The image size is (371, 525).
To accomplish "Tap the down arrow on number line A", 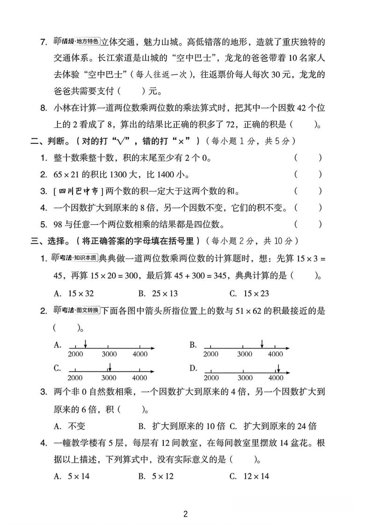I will pyautogui.click(x=85, y=344).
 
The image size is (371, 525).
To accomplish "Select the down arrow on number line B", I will pyautogui.click(x=262, y=344).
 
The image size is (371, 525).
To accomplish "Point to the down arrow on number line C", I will pyautogui.click(x=109, y=367).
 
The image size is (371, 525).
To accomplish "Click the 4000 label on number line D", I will pyautogui.click(x=276, y=377).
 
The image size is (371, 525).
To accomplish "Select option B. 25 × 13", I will pyautogui.click(x=159, y=294).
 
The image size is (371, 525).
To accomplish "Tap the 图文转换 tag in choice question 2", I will pyautogui.click(x=87, y=311).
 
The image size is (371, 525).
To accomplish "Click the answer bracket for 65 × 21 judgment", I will pyautogui.click(x=308, y=174).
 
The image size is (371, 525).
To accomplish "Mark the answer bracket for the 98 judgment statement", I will pyautogui.click(x=308, y=224).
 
